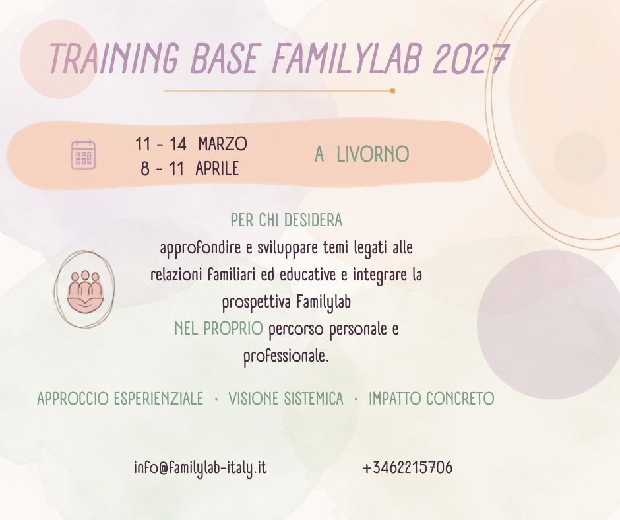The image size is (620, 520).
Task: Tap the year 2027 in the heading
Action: (x=470, y=59)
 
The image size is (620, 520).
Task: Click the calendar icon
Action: (x=83, y=154)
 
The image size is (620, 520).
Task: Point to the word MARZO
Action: (x=223, y=144)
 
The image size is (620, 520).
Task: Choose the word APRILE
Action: (x=217, y=168)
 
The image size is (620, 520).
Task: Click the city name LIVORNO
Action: (x=373, y=154)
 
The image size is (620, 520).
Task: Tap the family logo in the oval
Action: (x=84, y=290)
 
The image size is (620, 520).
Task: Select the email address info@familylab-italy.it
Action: (x=200, y=468)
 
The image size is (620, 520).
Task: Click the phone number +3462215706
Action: (x=407, y=468)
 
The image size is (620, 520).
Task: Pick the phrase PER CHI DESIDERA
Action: (x=286, y=220)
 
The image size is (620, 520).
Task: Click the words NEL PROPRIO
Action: (x=218, y=328)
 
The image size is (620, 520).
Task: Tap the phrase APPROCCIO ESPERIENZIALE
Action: (x=120, y=399)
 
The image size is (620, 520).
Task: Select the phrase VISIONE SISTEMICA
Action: (x=286, y=399)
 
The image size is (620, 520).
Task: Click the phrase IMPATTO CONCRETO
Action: (x=431, y=399)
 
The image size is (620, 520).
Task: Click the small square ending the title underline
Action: (x=392, y=91)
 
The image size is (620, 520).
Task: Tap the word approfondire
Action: (x=201, y=249)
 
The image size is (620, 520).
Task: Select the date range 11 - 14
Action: (x=160, y=144)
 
